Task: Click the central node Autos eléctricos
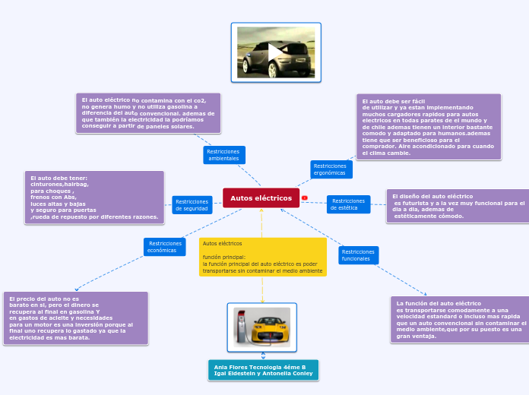(x=261, y=198)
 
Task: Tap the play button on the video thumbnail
(x=275, y=52)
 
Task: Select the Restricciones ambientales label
(x=223, y=155)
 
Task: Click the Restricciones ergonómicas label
(x=330, y=169)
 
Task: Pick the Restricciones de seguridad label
(x=192, y=205)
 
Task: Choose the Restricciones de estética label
(x=348, y=204)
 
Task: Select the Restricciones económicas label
(x=165, y=247)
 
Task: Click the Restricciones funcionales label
(x=358, y=255)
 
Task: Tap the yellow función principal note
(x=262, y=257)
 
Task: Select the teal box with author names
(x=263, y=370)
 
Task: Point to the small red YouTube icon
(x=305, y=198)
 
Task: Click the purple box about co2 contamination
(x=147, y=113)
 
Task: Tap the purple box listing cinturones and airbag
(x=94, y=197)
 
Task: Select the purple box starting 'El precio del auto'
(x=74, y=318)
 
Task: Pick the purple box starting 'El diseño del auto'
(x=458, y=206)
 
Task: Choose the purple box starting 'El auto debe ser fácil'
(x=428, y=127)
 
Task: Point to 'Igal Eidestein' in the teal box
(x=233, y=374)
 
